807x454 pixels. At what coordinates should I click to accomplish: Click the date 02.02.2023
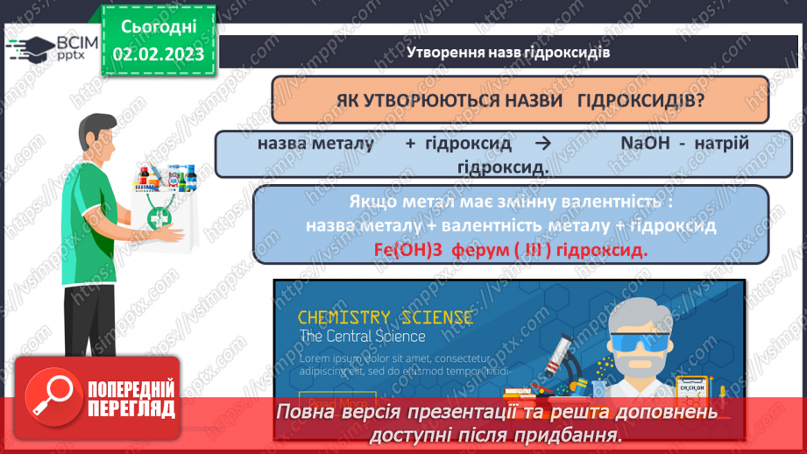coord(158,53)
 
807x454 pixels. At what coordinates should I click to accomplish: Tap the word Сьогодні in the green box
coord(158,26)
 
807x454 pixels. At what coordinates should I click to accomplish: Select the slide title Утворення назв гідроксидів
coord(508,52)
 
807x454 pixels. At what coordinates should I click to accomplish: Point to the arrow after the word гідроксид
coord(542,144)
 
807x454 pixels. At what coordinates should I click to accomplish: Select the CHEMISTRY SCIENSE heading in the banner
coord(386,317)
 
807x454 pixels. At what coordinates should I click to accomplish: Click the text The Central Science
coord(362,337)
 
